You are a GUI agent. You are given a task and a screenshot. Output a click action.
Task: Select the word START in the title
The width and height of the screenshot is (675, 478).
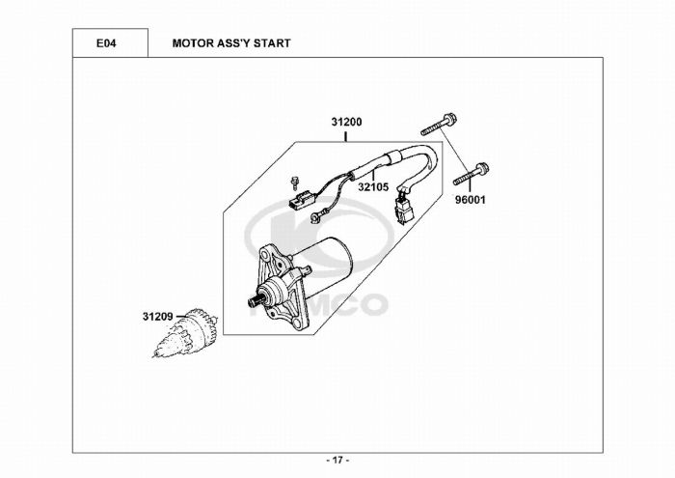(271, 44)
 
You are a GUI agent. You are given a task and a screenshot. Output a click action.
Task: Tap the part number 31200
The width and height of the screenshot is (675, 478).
(346, 124)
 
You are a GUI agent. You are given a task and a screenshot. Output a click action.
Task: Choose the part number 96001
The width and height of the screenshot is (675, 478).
(472, 203)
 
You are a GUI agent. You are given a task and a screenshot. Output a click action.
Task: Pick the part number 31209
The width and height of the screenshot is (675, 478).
(157, 316)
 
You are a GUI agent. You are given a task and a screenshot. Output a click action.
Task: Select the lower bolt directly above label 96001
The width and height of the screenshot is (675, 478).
(467, 177)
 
